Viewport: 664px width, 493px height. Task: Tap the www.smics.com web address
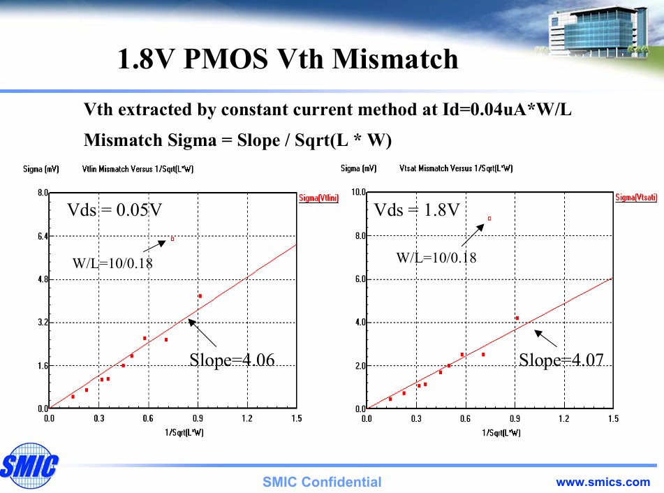pos(603,482)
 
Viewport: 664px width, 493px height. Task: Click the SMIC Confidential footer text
pos(322,482)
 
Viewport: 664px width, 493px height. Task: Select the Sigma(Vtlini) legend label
pos(318,198)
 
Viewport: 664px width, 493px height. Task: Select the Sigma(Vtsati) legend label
pos(635,198)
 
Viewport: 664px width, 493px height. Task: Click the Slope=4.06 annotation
pos(232,360)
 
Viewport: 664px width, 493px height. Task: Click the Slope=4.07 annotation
pos(561,360)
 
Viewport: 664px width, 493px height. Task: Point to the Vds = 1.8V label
pos(417,210)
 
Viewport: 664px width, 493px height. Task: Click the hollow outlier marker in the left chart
pos(172,239)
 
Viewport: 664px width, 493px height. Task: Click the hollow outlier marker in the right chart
pos(489,219)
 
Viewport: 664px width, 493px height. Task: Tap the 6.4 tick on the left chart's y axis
pos(41,237)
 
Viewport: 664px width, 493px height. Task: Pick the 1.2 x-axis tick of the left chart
pos(247,419)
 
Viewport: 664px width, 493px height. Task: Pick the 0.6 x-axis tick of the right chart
pos(465,419)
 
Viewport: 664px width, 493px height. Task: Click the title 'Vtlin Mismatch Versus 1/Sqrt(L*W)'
pos(138,169)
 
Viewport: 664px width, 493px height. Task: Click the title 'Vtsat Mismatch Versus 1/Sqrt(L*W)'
pos(456,169)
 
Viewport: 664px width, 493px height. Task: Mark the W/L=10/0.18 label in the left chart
pos(112,264)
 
